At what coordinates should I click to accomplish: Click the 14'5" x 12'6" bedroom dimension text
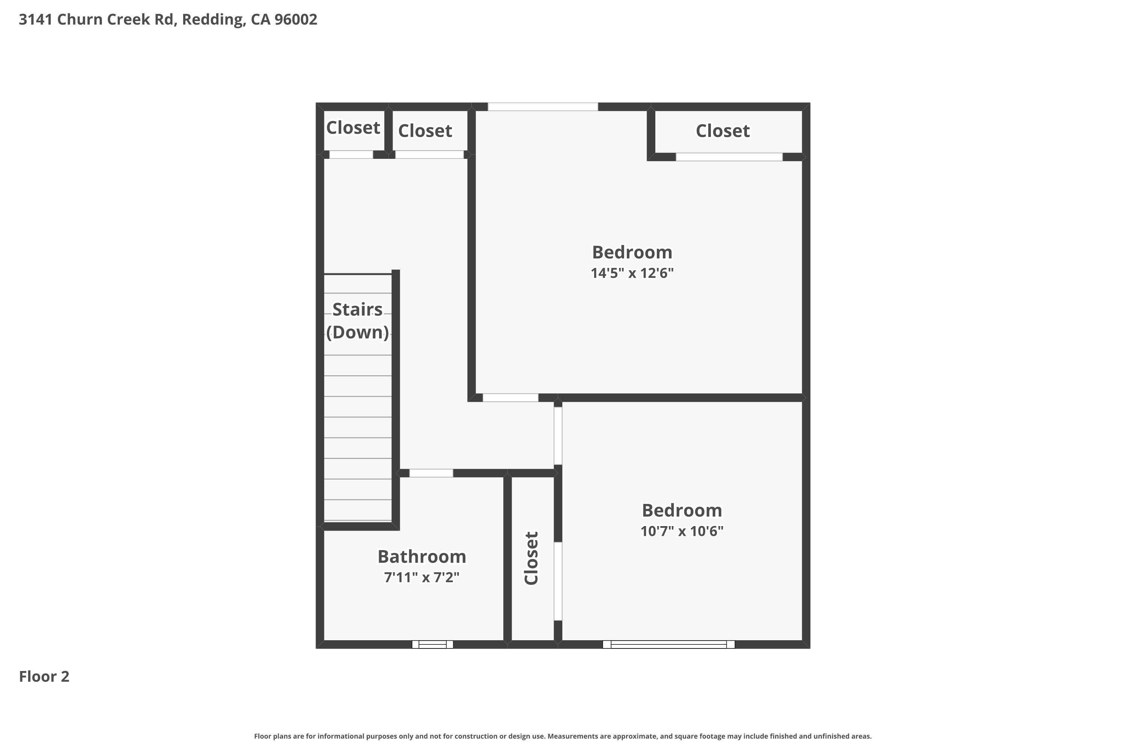coord(632,273)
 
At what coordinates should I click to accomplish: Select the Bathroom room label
coord(421,556)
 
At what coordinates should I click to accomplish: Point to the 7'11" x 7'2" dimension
coord(421,577)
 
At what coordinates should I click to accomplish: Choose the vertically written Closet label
coord(531,558)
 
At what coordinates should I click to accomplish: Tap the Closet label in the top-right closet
coord(723,131)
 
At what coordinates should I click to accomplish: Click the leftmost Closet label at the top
coord(353,128)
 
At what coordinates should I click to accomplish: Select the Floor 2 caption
coord(44,676)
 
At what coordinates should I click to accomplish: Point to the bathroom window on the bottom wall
coord(432,644)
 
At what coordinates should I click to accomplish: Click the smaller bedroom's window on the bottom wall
coord(668,644)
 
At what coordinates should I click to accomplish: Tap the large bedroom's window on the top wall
coord(542,107)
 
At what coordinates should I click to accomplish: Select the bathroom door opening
coord(431,473)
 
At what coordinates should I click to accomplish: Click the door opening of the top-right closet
coord(729,157)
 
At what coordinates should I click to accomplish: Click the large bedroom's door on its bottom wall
coord(510,398)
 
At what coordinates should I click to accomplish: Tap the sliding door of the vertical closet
coord(558,581)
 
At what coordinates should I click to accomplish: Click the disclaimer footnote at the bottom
coord(563,736)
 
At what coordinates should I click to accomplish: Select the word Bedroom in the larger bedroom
coord(632,252)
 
